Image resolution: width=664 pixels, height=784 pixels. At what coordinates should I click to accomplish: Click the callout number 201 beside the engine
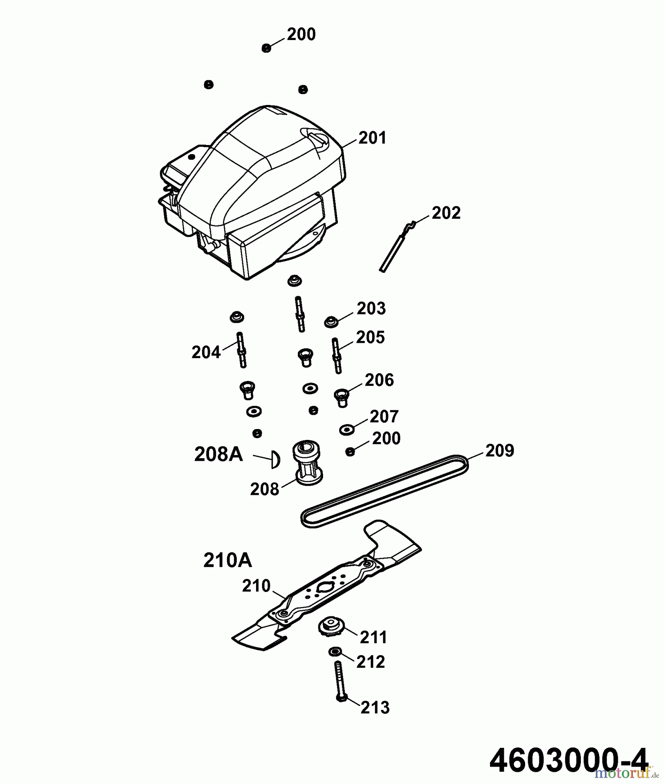click(372, 138)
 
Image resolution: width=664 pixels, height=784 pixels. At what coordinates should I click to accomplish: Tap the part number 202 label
click(446, 213)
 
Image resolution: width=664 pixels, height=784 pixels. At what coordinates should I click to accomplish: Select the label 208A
click(218, 454)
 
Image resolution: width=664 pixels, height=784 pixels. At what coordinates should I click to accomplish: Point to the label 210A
click(227, 561)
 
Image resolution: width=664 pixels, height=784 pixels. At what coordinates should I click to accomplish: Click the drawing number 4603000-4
click(569, 760)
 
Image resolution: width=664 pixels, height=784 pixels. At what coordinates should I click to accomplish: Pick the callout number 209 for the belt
click(499, 450)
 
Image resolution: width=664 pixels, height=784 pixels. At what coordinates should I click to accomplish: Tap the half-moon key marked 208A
click(275, 460)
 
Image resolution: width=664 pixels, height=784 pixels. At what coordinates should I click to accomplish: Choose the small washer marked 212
click(334, 652)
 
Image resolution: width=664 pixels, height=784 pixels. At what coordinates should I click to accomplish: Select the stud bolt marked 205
click(337, 355)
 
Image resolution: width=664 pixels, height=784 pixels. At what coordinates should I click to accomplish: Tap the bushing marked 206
click(341, 397)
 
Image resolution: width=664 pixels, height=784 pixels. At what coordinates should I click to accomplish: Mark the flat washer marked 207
click(347, 430)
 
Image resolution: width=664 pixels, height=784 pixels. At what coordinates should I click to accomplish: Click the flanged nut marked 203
click(332, 322)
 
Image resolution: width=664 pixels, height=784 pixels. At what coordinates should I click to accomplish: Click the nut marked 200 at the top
click(266, 48)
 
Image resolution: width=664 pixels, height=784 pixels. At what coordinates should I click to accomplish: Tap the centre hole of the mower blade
click(324, 588)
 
